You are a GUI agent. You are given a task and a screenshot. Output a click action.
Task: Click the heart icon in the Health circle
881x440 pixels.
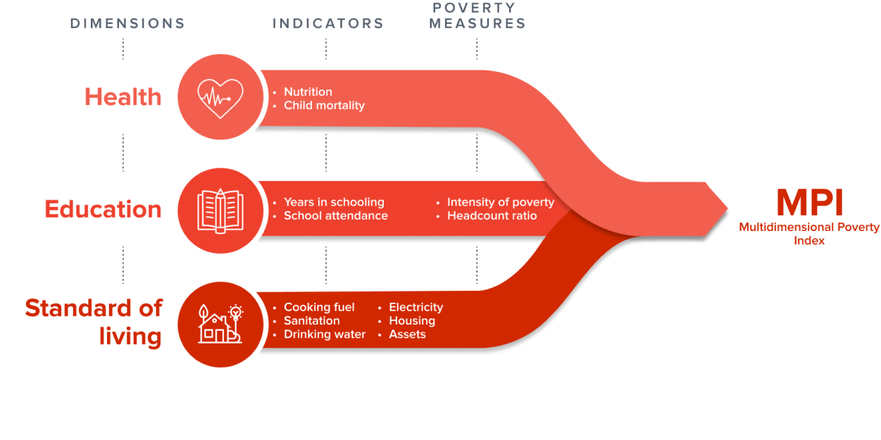[220, 97]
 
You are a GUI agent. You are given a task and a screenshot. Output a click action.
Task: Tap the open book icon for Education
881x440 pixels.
[220, 209]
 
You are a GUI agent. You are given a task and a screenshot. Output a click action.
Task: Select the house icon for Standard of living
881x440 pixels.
[220, 325]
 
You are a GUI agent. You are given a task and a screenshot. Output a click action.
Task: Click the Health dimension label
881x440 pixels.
[123, 96]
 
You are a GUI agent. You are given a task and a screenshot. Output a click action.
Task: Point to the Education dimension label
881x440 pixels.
[103, 209]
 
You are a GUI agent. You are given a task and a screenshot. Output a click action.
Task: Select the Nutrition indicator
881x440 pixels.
[308, 92]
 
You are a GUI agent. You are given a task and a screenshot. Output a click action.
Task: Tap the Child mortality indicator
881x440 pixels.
[324, 106]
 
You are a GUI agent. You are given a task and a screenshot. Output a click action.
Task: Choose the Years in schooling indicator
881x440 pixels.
[334, 203]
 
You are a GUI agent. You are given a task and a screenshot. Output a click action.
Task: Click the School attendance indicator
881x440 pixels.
[335, 216]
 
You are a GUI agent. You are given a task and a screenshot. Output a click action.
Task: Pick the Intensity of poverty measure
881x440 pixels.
[500, 203]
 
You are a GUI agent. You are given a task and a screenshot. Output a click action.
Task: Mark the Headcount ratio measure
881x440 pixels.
[492, 216]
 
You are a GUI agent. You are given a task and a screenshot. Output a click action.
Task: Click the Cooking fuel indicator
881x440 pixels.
[319, 307]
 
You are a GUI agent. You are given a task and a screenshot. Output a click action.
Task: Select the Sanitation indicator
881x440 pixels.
[311, 321]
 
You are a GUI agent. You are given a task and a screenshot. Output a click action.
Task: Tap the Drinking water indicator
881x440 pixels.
[324, 334]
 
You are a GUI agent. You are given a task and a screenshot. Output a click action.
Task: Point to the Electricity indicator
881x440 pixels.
[415, 307]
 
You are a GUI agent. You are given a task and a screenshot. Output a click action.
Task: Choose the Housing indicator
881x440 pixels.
[412, 321]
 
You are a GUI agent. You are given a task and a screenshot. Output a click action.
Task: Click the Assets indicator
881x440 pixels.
[407, 334]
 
